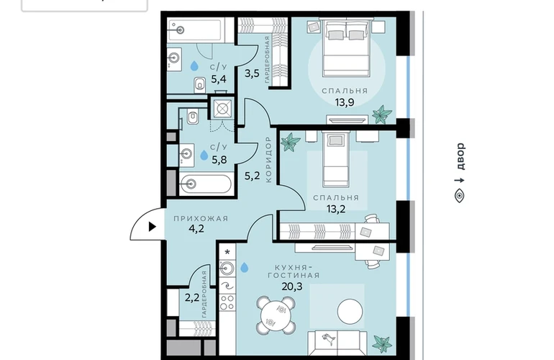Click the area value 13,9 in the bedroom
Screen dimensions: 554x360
[x=345, y=102]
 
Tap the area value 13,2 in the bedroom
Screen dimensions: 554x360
[x=336, y=209]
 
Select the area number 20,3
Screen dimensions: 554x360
[x=292, y=286]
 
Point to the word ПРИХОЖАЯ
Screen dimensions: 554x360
[x=201, y=219]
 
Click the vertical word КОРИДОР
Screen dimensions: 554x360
[x=268, y=160]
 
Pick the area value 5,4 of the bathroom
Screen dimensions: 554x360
[x=218, y=78]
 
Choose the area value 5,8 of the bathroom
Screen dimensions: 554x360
[x=219, y=160]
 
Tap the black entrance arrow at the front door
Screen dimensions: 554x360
[x=153, y=226]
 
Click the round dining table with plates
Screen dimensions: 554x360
[x=276, y=315]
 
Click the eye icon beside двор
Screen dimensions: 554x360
[x=459, y=196]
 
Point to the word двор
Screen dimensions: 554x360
[x=460, y=156]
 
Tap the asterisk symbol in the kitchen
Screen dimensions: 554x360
[x=227, y=253]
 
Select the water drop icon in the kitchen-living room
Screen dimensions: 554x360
[x=244, y=267]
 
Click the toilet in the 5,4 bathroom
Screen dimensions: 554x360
[x=199, y=84]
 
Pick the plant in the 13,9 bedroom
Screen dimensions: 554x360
[x=382, y=114]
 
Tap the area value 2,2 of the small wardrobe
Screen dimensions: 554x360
[x=192, y=298]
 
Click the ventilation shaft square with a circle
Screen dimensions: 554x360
[x=222, y=108]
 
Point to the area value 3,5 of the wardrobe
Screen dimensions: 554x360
[x=253, y=73]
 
